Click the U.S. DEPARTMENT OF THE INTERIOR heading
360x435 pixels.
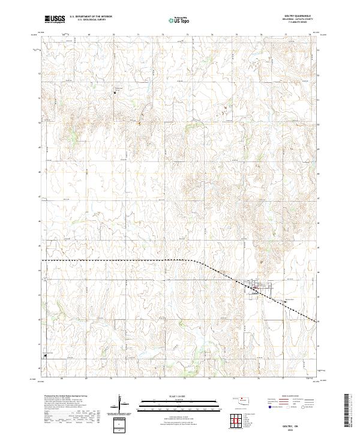(91, 17)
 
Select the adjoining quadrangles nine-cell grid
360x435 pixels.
(240, 421)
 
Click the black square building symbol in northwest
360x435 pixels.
(115, 92)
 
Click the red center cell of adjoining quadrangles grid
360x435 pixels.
(240, 421)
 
